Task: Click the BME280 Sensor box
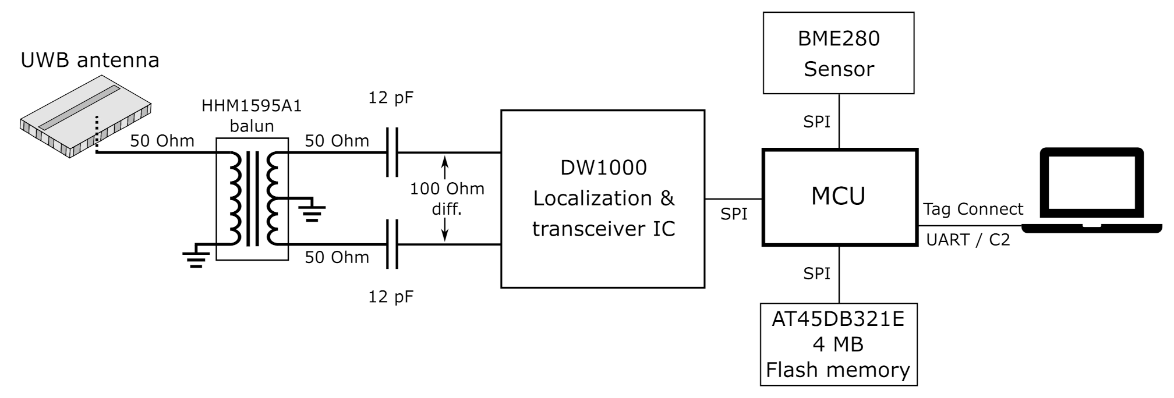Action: click(x=838, y=54)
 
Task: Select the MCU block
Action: click(x=839, y=197)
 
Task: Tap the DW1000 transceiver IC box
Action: click(x=603, y=198)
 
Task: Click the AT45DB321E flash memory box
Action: click(x=838, y=344)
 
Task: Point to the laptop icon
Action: click(x=1091, y=192)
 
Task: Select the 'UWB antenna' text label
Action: click(x=90, y=60)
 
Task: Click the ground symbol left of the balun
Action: click(x=196, y=256)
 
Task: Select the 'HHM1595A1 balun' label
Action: click(x=252, y=116)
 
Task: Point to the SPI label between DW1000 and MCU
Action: click(x=733, y=214)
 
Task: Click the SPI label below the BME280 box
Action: click(x=816, y=122)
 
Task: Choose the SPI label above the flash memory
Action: click(x=816, y=273)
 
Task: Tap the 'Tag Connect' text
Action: click(x=973, y=209)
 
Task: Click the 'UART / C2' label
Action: click(x=967, y=240)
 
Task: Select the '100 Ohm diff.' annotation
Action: click(x=447, y=198)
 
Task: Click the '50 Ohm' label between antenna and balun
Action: click(x=162, y=141)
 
